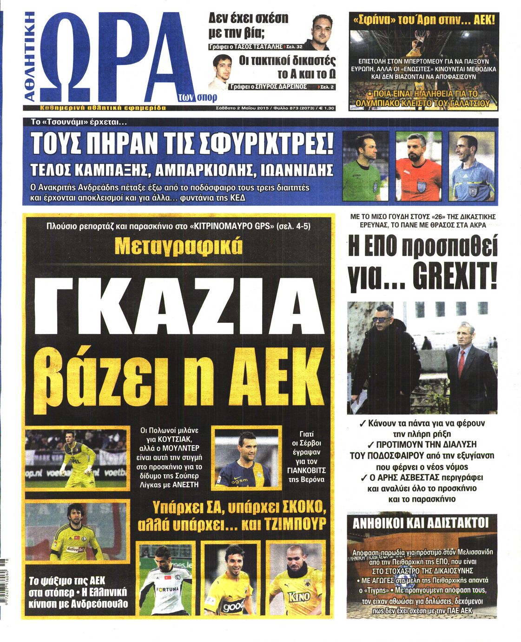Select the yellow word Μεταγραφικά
coord(179,247)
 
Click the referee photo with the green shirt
coord(365,166)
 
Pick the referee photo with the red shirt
coord(418,166)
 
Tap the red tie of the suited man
coord(461,362)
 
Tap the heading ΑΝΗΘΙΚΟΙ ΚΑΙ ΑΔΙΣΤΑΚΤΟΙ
coord(422,524)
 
